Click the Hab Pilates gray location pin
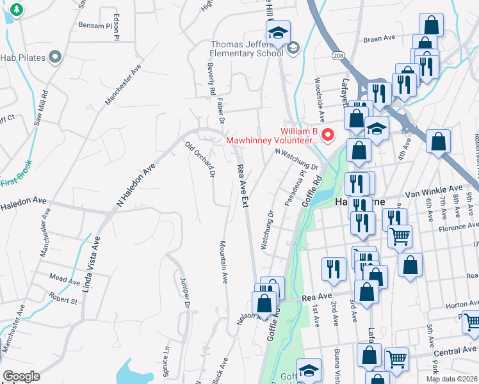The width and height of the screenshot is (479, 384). pos(55,58)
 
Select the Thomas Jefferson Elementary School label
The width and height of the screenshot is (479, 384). pos(247,49)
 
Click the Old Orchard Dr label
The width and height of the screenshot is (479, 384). pos(200,159)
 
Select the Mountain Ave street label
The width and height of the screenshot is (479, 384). pos(225,262)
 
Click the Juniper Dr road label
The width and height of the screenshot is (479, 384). pos(186,295)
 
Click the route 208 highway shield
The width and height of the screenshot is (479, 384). pos(337,56)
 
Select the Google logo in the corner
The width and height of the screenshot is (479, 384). pos(21,376)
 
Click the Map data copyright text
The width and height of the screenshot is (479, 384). pos(452,379)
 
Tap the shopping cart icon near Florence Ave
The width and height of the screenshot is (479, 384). pos(400,236)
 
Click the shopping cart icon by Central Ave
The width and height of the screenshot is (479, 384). pos(396,359)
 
